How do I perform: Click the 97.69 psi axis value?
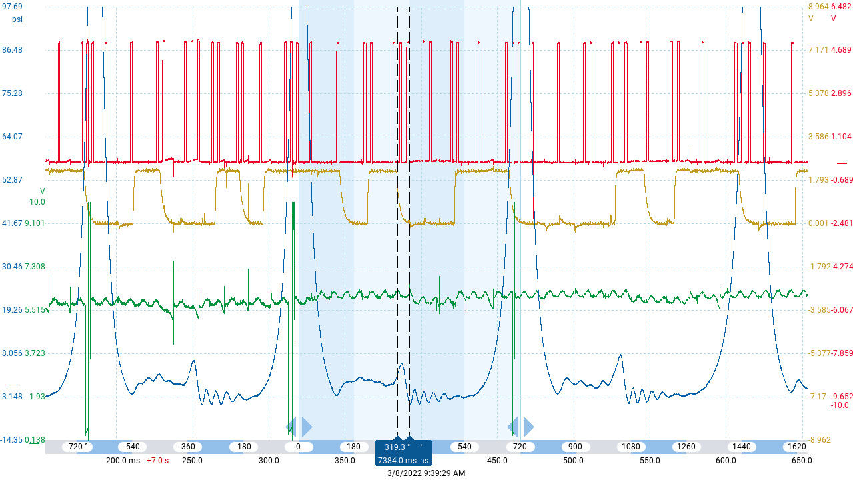(x=13, y=7)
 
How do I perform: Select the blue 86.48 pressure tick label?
(x=13, y=50)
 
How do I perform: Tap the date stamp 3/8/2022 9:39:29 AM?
(x=426, y=473)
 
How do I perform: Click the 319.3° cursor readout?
(x=397, y=447)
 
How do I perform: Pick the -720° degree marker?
(x=76, y=447)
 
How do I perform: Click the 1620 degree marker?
(x=797, y=447)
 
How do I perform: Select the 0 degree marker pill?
(x=298, y=447)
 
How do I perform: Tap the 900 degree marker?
(x=575, y=447)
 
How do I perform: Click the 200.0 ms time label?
(x=123, y=461)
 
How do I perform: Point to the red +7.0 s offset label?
(x=157, y=461)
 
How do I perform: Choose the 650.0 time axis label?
(x=801, y=461)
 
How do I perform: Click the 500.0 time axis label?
(x=573, y=461)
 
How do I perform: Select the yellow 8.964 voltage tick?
(x=818, y=7)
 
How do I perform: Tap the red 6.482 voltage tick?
(x=841, y=7)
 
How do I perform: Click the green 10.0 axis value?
(x=37, y=202)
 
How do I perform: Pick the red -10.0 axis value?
(x=840, y=405)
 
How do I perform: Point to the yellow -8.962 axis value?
(x=819, y=440)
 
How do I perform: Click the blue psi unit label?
(x=17, y=19)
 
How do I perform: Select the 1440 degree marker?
(x=742, y=447)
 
